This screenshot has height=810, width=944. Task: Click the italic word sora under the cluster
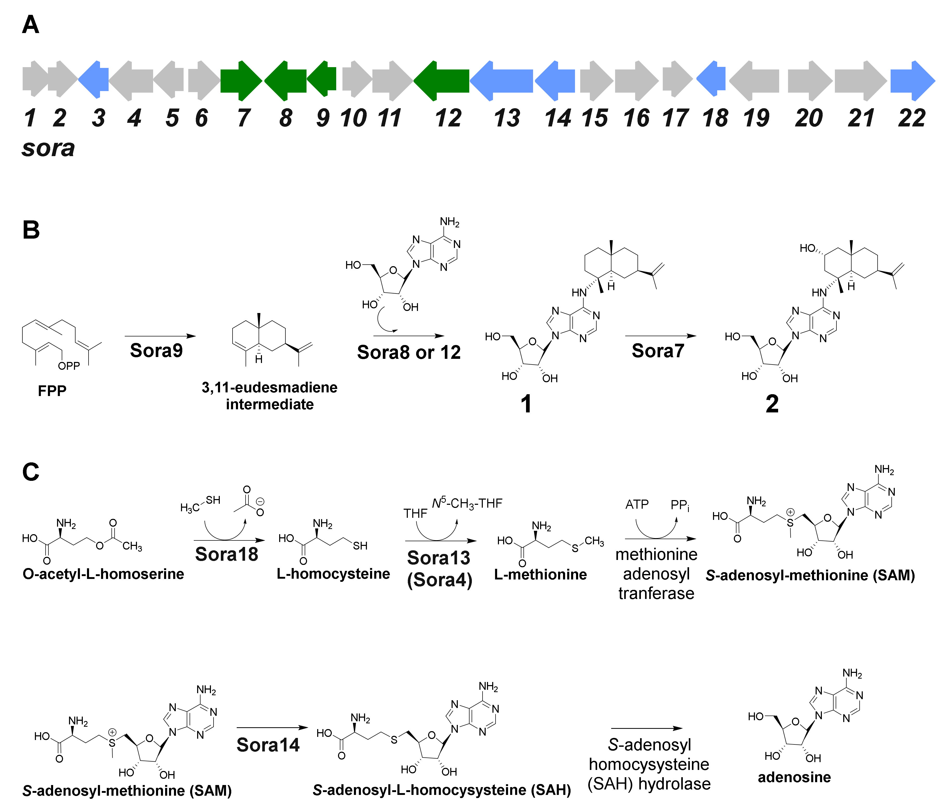click(x=48, y=148)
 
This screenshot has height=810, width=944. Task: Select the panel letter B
click(x=31, y=230)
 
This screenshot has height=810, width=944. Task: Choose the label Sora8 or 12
click(x=409, y=352)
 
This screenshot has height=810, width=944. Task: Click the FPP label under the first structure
click(x=52, y=391)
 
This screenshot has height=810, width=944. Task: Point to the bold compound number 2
click(x=772, y=404)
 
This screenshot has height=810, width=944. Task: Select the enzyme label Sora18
click(x=227, y=554)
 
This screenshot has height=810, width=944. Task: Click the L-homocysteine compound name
click(x=333, y=574)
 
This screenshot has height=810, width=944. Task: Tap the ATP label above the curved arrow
click(x=636, y=505)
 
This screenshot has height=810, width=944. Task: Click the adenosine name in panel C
click(x=794, y=777)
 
